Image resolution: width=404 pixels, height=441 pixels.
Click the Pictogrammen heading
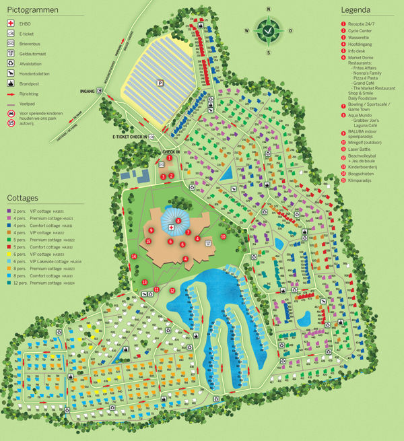coord(32,11)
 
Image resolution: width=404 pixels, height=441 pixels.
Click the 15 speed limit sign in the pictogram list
coord(11,122)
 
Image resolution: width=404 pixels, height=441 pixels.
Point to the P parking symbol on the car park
coord(160,83)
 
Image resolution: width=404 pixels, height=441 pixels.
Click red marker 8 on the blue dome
coord(178,220)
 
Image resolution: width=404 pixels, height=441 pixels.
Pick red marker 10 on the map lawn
coord(223,236)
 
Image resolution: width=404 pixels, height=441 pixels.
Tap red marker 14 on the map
coord(134,257)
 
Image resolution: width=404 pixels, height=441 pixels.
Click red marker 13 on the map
coord(144,282)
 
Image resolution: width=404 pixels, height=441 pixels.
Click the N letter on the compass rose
coord(269,9)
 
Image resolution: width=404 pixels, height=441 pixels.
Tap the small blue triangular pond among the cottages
coord(227,174)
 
